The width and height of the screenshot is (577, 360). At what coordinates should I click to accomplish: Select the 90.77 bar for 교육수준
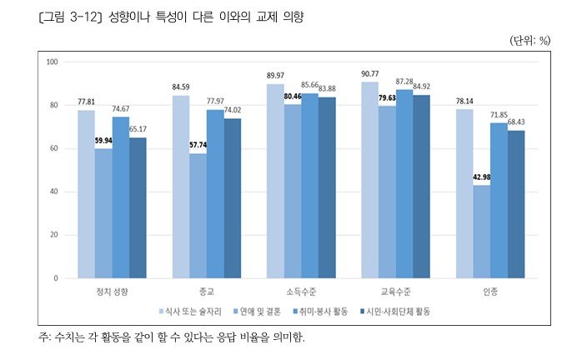click(x=369, y=180)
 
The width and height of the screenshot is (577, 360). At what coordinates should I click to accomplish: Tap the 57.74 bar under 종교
click(x=198, y=216)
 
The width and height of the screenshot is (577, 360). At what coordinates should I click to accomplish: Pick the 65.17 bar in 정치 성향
click(x=138, y=207)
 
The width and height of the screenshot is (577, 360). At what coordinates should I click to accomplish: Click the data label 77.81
click(x=85, y=101)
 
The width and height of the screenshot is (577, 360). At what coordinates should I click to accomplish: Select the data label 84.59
click(x=180, y=86)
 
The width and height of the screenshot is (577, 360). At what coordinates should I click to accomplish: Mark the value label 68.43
click(x=518, y=122)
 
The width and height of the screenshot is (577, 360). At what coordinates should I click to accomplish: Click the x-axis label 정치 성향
click(x=112, y=292)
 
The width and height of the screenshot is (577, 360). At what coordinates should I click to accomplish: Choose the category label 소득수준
click(x=300, y=292)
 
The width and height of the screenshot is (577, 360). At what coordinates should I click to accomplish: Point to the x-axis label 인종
click(x=489, y=292)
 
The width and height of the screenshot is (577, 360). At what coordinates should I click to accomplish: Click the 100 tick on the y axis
click(x=52, y=62)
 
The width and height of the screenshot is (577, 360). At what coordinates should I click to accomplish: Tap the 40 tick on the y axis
click(x=53, y=192)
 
